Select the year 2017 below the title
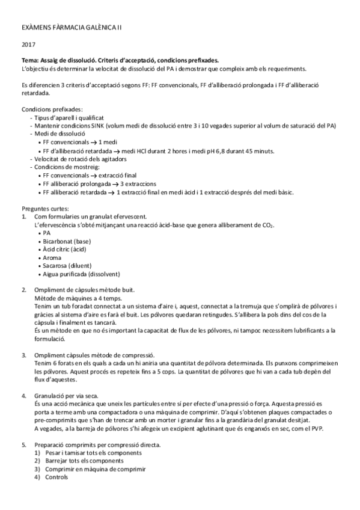[28, 45]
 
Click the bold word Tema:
[31, 61]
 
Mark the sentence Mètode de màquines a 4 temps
[78, 298]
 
